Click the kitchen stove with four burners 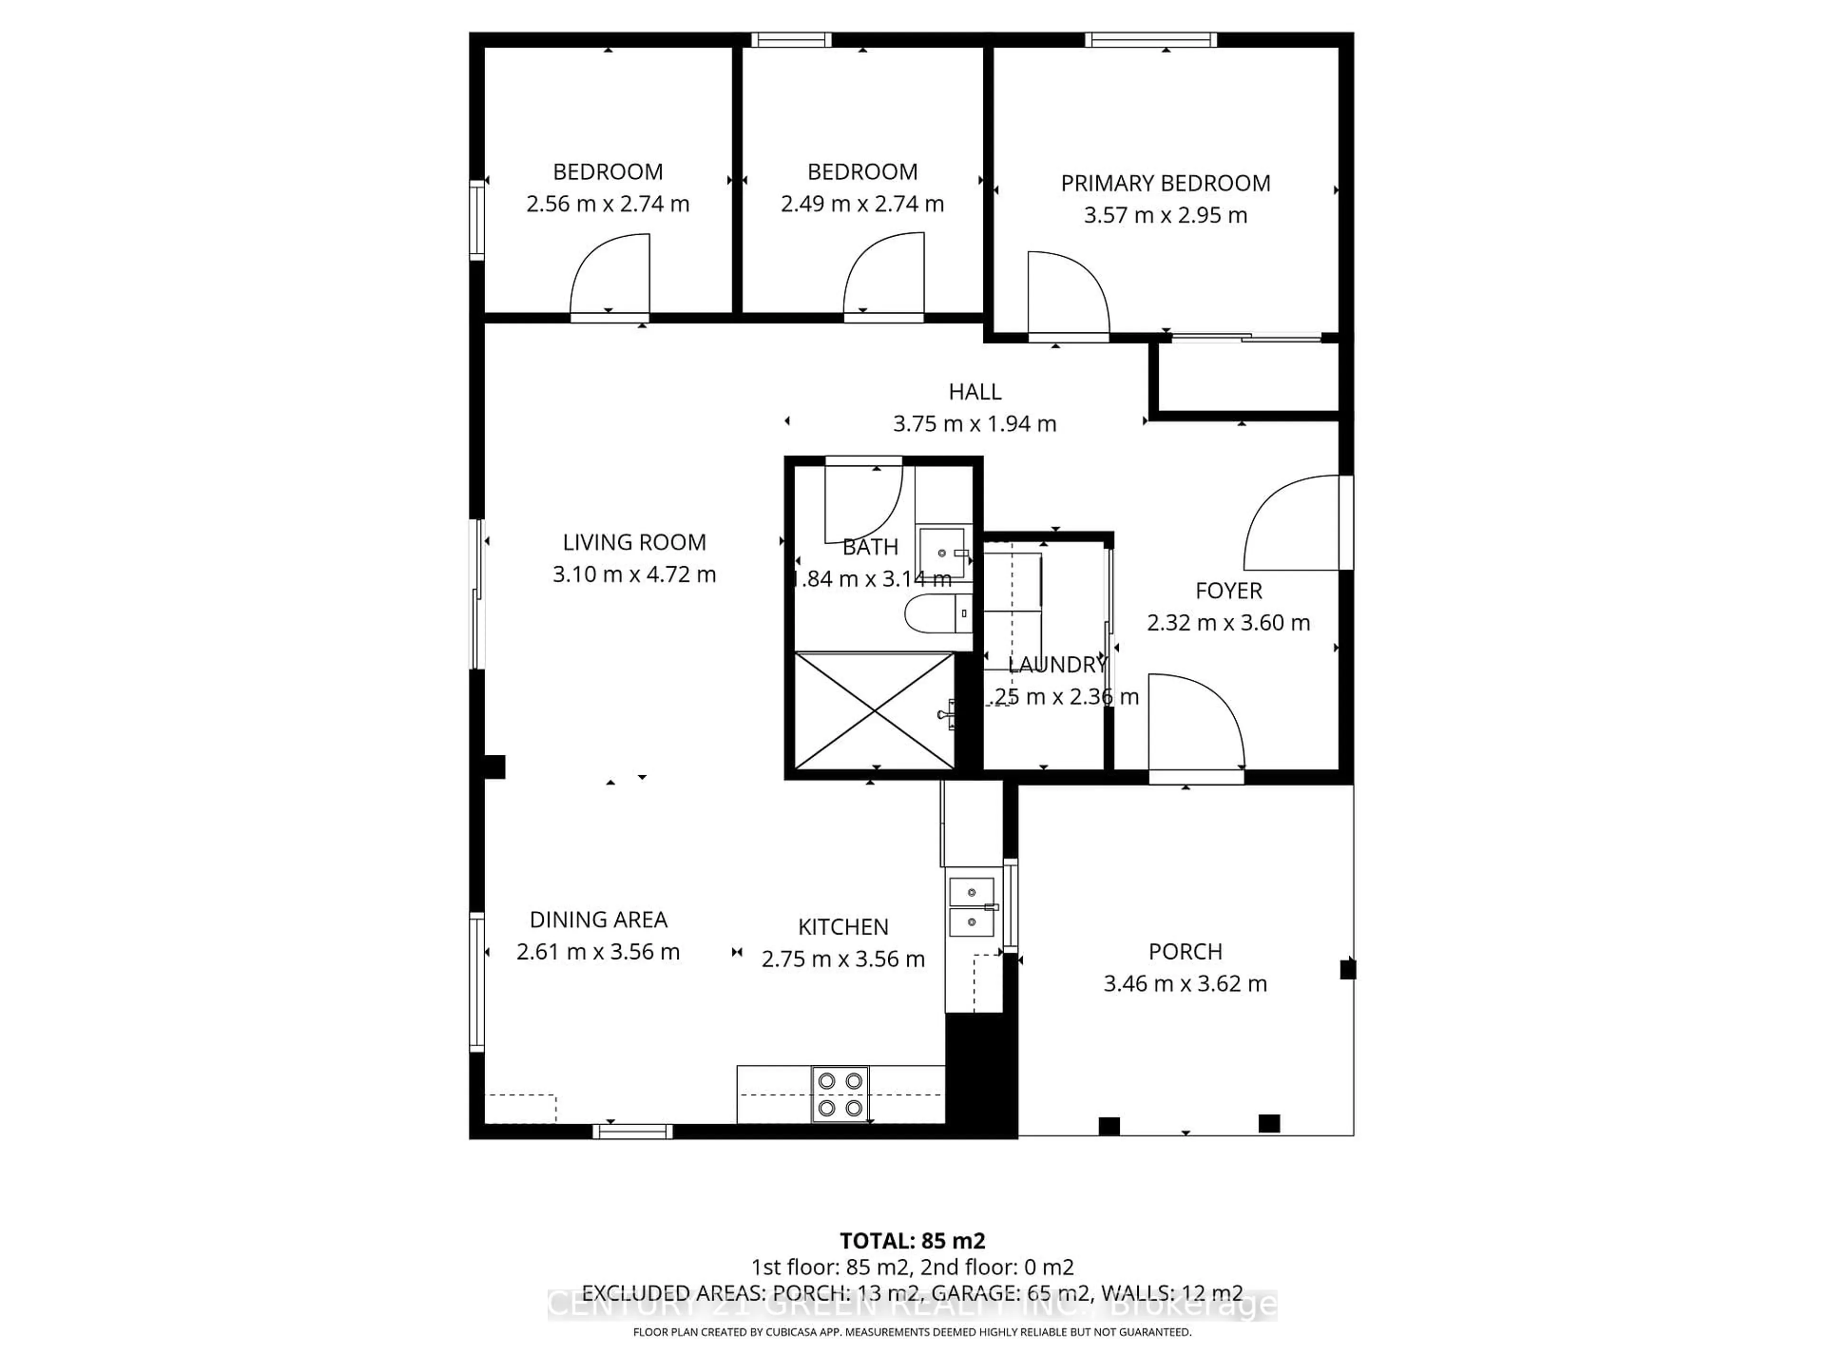coord(840,1093)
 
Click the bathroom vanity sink coord(942,553)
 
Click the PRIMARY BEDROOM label coord(1165,183)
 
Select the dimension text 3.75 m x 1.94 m coord(974,424)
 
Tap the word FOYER coord(1229,591)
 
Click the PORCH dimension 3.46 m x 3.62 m coord(1185,983)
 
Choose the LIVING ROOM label coord(634,542)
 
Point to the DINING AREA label coord(598,919)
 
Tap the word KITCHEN coord(842,927)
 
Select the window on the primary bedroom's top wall coord(1150,39)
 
